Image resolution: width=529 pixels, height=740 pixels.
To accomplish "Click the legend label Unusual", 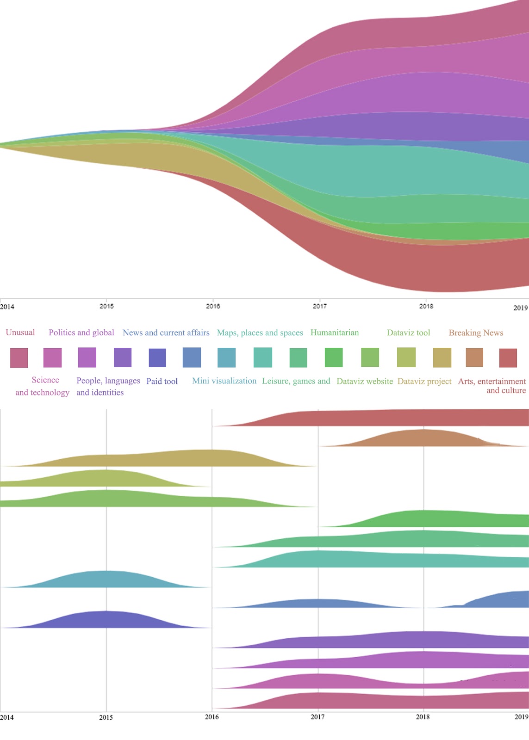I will coord(20,333).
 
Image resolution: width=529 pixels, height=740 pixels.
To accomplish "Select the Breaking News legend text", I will coord(476,333).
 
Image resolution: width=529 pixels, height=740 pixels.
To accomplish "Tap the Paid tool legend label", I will coord(162,381).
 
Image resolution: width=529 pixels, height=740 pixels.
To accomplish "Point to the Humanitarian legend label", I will coord(335,333).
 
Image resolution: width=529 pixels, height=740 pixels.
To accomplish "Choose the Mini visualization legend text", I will coord(224,381).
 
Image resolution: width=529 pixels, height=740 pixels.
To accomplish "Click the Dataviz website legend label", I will coord(365,381).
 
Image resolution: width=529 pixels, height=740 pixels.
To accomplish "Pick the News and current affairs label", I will coord(166,333).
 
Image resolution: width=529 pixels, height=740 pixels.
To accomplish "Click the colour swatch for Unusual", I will coord(19,358).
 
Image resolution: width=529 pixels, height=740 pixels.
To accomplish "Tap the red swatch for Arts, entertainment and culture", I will coord(508,358).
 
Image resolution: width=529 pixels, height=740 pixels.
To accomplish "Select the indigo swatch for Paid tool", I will coord(157,358).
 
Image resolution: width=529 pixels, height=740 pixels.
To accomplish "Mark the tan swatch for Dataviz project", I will coord(442,358).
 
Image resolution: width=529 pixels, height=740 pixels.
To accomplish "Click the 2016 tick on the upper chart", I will coord(213,306).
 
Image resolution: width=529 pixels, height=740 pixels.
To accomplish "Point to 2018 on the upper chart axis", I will coord(426,306).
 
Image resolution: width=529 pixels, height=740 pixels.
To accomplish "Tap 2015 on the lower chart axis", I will coord(106,717).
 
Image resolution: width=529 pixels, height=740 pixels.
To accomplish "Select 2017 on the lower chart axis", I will coord(317,717).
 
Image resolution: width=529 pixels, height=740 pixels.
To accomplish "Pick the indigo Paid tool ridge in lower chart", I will coord(106,620).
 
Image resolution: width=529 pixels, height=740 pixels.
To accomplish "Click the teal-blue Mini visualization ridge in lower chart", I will coord(106,579).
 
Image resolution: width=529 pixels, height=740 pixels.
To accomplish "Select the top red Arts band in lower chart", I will coord(393,418).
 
